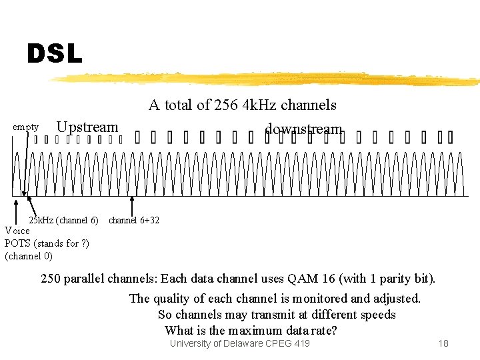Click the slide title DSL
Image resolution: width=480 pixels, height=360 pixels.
(55, 54)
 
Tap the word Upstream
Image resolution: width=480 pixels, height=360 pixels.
(87, 127)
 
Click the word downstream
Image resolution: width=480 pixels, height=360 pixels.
(303, 129)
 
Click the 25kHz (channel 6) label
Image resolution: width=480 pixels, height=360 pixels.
(63, 220)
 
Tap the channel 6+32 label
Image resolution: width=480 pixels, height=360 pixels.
(134, 220)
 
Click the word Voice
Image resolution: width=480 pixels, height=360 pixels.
(17, 231)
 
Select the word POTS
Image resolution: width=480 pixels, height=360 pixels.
(17, 243)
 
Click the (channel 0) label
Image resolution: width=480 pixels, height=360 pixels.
(29, 255)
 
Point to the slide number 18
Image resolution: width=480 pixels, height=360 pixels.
(443, 343)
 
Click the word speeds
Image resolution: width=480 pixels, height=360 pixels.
(378, 315)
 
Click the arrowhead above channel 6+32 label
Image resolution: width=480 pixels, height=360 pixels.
(131, 197)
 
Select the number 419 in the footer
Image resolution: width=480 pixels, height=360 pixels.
(301, 343)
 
